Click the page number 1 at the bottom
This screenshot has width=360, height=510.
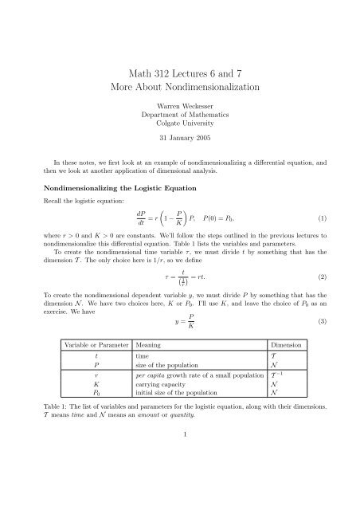[x=179, y=479]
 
